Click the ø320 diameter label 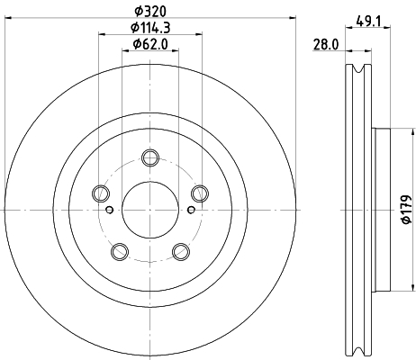point(149,11)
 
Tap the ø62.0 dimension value point(149,44)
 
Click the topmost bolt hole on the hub point(150,159)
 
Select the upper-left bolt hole point(101,192)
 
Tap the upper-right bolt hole point(199,192)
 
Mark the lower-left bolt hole point(119,250)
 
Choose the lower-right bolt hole point(180,250)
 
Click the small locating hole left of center point(109,211)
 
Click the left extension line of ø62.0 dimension point(122,108)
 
